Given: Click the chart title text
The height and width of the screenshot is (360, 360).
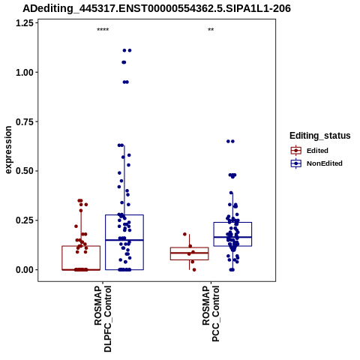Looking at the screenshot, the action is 157,8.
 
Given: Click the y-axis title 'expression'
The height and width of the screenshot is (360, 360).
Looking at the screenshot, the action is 8,150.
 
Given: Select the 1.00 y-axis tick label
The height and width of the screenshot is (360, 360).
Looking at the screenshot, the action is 25,73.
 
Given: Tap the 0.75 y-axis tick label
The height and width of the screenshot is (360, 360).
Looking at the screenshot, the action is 25,122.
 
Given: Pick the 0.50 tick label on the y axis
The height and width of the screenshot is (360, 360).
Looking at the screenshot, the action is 25,171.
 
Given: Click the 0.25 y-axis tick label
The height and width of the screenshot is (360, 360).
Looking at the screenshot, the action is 25,220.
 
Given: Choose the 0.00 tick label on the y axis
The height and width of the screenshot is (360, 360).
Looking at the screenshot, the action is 25,270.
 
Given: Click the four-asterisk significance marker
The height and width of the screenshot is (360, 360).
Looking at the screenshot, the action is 103,30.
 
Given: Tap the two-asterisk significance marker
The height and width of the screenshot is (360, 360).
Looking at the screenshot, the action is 211,30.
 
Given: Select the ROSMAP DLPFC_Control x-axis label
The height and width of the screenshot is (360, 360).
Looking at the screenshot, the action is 103,319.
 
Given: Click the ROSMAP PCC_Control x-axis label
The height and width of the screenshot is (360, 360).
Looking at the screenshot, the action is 211,313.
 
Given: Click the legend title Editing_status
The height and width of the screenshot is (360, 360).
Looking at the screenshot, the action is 320,136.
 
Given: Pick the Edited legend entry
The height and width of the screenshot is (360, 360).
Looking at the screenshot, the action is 309,151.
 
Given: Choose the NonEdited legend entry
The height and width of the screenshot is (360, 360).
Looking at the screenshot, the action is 316,163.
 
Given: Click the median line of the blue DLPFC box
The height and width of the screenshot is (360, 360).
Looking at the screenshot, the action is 124,240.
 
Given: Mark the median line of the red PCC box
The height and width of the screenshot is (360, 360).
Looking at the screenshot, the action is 190,253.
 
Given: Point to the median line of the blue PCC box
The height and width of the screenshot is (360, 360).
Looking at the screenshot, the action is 232,237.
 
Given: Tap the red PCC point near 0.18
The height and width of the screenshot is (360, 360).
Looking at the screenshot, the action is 184,234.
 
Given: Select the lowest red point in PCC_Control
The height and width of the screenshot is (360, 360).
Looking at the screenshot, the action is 194,270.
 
